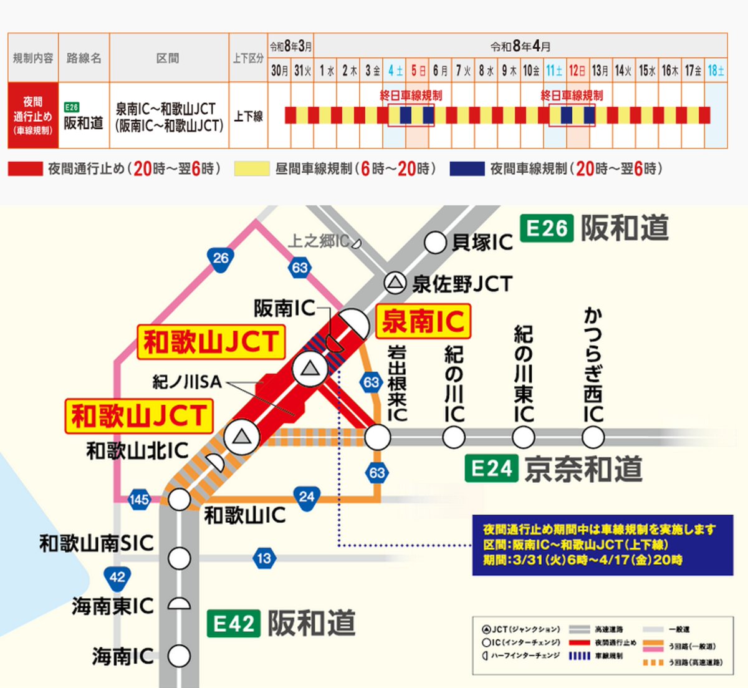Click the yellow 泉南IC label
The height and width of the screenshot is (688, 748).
(x=423, y=321)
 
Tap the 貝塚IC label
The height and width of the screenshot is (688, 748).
(x=482, y=242)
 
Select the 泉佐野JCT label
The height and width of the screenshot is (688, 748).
(x=461, y=284)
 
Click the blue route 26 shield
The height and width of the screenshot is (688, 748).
(x=221, y=258)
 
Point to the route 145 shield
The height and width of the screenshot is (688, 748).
(x=139, y=499)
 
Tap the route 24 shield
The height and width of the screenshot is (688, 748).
(x=306, y=497)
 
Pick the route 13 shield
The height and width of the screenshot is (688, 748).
(x=264, y=558)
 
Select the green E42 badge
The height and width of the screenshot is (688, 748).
(x=234, y=624)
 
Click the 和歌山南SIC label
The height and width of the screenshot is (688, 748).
(x=96, y=543)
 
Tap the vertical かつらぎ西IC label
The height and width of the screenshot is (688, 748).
(x=593, y=365)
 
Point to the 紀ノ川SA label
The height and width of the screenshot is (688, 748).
(x=187, y=382)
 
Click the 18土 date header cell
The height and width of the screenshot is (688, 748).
(x=716, y=70)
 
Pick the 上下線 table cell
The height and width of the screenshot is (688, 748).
(x=248, y=116)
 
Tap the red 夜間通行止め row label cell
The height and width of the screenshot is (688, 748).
(x=33, y=115)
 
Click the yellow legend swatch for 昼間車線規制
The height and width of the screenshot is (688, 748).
(x=251, y=169)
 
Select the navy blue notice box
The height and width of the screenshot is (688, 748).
(x=602, y=544)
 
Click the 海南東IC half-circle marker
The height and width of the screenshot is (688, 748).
(x=180, y=604)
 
